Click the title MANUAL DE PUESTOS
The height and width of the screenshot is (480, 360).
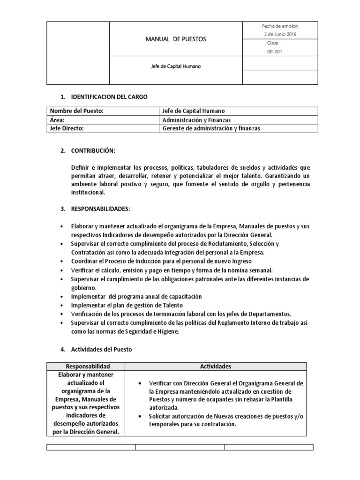(x=176, y=39)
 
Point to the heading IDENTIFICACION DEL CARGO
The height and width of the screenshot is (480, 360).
(x=109, y=97)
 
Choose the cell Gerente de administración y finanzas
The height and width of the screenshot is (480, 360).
(x=211, y=128)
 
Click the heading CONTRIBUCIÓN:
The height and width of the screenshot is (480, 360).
(x=93, y=152)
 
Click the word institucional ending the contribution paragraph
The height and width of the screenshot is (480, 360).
(x=88, y=192)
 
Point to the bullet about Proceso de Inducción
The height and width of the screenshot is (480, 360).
(x=162, y=261)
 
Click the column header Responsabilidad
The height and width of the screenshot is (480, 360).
(x=88, y=366)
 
